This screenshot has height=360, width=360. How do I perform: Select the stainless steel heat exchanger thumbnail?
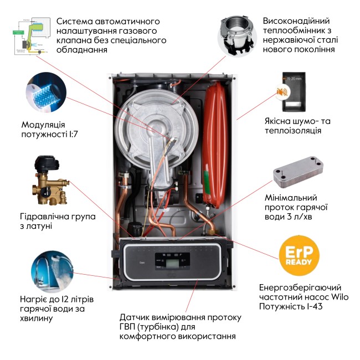tap(238, 34)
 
